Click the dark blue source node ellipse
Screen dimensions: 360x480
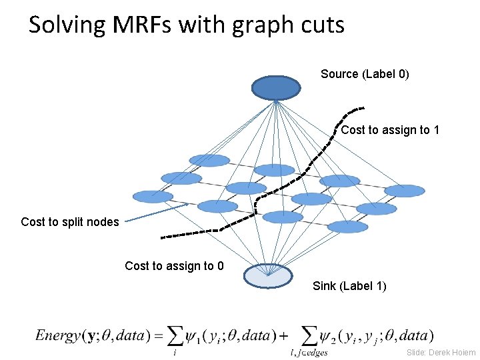[x=276, y=88]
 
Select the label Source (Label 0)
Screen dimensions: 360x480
[x=365, y=74]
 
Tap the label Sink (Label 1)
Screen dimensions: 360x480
[x=349, y=287]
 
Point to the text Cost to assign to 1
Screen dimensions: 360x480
[x=390, y=130]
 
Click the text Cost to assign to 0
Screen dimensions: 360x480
[x=174, y=267]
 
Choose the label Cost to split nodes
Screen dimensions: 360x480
[x=70, y=222]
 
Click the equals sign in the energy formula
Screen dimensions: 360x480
[x=158, y=335]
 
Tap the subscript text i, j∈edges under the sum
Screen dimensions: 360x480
[x=309, y=353]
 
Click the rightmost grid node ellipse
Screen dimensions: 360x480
[x=405, y=191]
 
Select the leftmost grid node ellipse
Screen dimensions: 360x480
[x=153, y=197]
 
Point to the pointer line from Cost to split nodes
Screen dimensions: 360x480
[x=157, y=213]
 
